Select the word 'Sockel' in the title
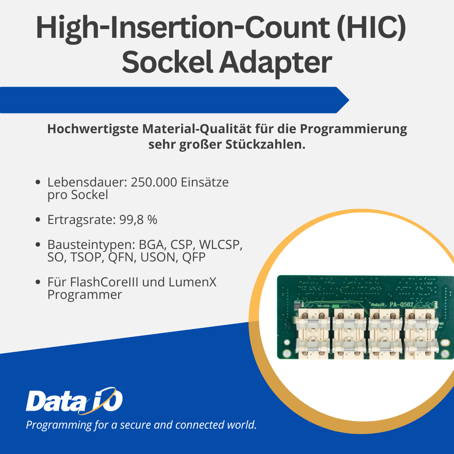168,62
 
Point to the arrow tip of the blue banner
349,100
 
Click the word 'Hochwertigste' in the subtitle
93,129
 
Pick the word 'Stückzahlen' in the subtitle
265,145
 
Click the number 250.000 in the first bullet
154,182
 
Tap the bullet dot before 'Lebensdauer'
38,182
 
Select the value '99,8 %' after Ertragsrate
138,220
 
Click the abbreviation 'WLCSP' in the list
221,244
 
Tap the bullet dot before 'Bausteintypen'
38,244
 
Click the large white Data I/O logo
75,400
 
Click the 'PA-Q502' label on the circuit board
401,305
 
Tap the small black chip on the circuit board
298,305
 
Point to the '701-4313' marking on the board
324,306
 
